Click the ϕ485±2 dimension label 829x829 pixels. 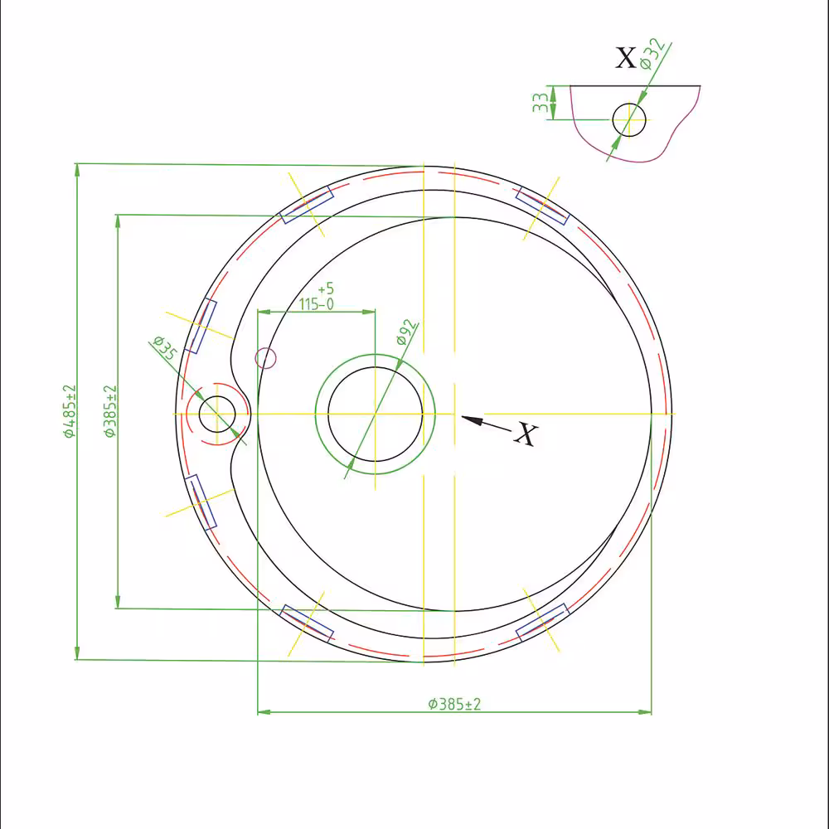click(70, 411)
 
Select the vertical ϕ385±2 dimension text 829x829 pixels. click(110, 411)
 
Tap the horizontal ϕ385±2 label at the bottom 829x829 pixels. click(454, 704)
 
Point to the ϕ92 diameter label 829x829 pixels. click(407, 332)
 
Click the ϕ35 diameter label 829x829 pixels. click(165, 348)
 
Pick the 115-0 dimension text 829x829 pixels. click(316, 304)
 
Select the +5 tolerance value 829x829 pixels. click(326, 288)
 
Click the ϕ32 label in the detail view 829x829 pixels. click(652, 54)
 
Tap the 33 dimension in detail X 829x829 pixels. click(540, 103)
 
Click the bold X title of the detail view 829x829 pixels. click(626, 57)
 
